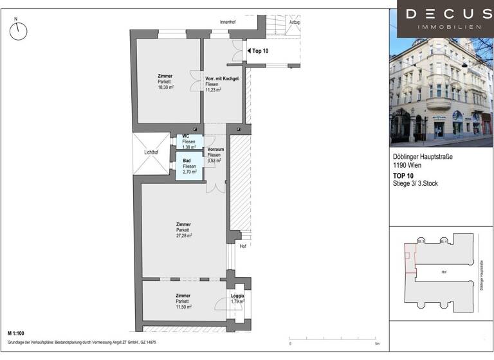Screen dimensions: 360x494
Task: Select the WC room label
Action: click(185, 136)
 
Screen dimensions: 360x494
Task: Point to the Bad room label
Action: click(187, 161)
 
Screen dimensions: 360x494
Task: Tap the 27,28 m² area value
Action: click(184, 235)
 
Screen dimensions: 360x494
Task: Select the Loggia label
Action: click(237, 296)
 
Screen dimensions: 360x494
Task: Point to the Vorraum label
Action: click(215, 150)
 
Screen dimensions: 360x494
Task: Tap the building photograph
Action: click(441, 93)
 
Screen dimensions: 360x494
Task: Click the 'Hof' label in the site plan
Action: click(444, 272)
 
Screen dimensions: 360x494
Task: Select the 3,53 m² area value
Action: click(214, 160)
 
